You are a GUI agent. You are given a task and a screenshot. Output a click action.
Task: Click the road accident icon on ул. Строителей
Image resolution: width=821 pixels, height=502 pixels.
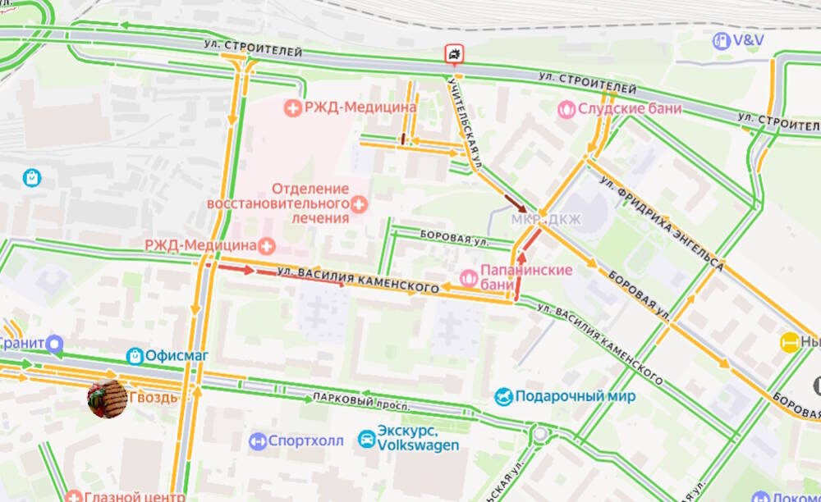coord(454,55)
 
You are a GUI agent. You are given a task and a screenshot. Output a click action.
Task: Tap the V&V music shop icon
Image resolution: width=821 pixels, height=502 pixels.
coord(721,40)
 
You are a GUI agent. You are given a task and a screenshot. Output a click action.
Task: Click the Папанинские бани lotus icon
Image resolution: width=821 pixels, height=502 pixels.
coord(468,278)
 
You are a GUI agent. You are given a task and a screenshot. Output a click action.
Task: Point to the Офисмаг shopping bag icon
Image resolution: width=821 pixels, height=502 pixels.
coord(135,356)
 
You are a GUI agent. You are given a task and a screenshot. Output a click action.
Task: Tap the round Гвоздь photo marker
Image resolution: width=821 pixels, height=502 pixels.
coord(108,398)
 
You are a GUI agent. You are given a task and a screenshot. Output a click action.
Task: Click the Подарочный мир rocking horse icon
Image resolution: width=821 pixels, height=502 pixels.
coord(503,397)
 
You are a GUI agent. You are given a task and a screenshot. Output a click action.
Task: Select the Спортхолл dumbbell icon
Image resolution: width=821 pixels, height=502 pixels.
coord(258,441)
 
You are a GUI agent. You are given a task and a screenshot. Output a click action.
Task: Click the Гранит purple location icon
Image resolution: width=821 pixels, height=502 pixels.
coord(55,343)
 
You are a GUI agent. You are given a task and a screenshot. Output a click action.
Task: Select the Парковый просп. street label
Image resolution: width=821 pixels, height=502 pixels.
coord(352,401)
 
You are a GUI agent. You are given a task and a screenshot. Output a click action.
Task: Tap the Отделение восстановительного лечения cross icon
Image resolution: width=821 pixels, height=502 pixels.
coord(359,203)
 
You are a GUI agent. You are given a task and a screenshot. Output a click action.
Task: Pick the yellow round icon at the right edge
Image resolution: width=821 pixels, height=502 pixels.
coord(790,343)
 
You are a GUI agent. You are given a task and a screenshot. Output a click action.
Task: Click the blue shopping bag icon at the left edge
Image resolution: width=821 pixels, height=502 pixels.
coord(32,176)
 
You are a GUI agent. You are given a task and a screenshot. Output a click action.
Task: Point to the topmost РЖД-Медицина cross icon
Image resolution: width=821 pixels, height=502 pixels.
coord(292,107)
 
